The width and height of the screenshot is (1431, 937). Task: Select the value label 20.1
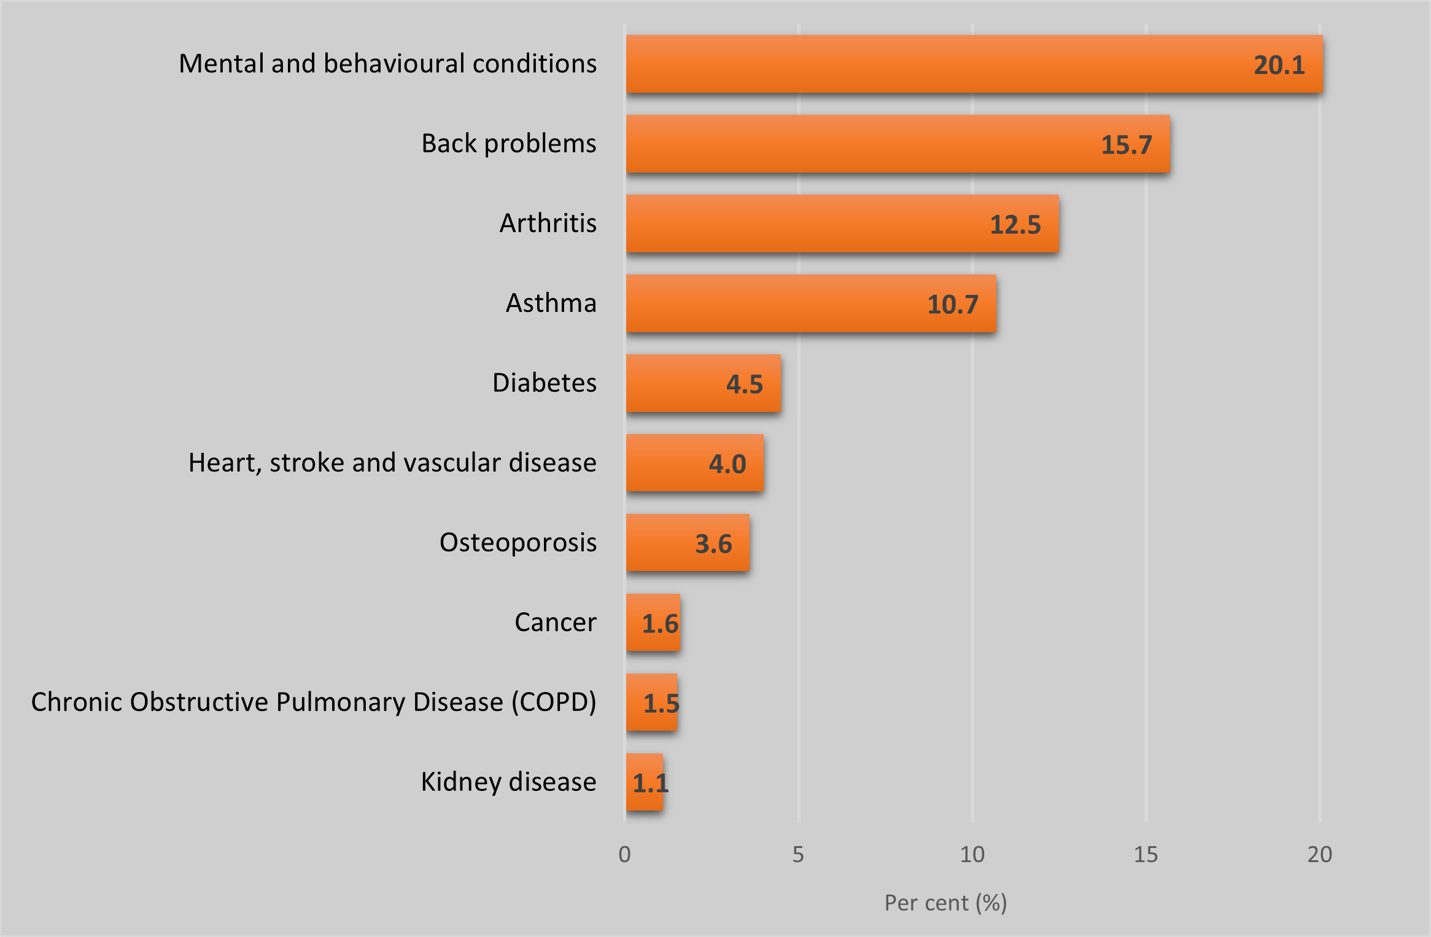(x=1279, y=65)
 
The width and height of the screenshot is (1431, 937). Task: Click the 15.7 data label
(x=1127, y=145)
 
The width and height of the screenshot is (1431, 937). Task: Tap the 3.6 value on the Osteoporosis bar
(x=713, y=544)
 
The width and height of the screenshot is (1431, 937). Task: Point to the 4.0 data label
(x=727, y=464)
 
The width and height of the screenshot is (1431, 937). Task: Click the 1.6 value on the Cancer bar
(x=660, y=624)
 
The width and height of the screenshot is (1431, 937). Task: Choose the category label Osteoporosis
(x=518, y=543)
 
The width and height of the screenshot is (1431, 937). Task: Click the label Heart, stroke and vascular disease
(x=392, y=463)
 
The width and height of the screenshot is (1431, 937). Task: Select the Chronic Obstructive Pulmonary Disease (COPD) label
(x=314, y=702)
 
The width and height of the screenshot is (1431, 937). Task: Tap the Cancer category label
(x=556, y=623)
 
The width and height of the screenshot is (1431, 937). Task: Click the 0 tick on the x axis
(x=624, y=854)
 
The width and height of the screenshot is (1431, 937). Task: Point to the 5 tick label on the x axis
(x=798, y=854)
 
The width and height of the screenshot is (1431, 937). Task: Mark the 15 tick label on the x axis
(x=1146, y=854)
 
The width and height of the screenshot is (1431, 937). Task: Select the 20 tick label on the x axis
(x=1319, y=854)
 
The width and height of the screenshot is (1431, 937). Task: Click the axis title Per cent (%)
(x=945, y=903)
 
